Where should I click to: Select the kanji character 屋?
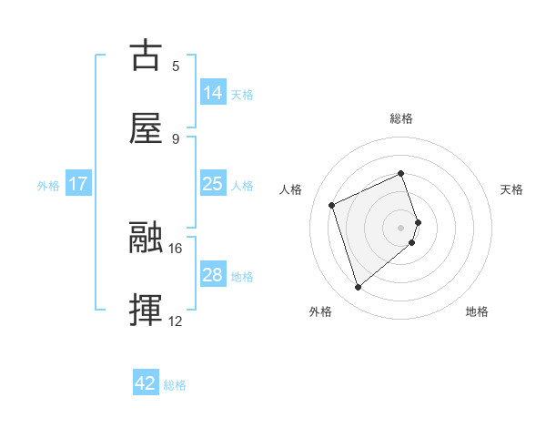pos(147,127)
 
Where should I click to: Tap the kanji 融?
pos(147,238)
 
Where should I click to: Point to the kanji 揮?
pos(147,310)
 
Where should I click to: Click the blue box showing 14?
pos(213,93)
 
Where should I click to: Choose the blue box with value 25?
pos(213,184)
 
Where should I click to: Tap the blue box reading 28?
pos(213,275)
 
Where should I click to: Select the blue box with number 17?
pos(78,184)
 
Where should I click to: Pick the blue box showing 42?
pos(146,383)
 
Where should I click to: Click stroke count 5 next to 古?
pos(175,66)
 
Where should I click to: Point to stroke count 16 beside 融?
pos(176,248)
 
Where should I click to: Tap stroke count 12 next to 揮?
pos(176,321)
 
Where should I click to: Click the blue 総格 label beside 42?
pos(175,385)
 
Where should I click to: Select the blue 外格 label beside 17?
pos(48,186)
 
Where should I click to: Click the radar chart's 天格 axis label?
pos(512,189)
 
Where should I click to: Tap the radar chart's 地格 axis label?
pos(477,311)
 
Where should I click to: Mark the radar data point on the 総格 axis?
pos(401,173)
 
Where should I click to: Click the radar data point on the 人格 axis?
pos(333,204)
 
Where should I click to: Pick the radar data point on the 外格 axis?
pos(359,288)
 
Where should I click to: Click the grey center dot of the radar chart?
pos(401,227)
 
